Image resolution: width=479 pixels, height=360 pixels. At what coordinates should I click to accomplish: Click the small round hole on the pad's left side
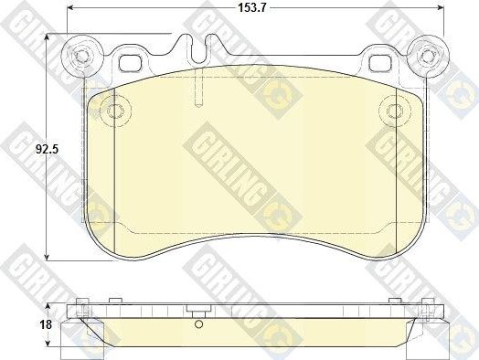pyautogui.click(x=115, y=111)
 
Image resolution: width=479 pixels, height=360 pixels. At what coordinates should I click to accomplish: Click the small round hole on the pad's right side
pyautogui.click(x=395, y=111)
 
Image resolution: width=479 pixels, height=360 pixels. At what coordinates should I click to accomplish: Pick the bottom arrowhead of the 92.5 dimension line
pyautogui.click(x=47, y=259)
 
